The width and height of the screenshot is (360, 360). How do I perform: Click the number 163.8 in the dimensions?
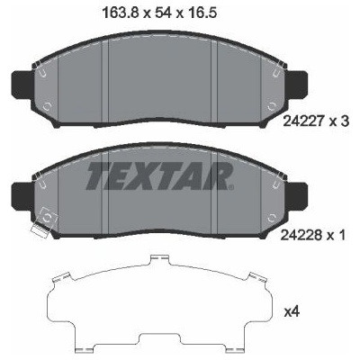tap(120, 13)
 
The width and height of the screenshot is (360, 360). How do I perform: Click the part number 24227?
tap(303, 121)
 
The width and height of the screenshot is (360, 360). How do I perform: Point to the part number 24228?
tap(301, 235)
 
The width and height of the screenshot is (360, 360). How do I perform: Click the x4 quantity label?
tap(292, 312)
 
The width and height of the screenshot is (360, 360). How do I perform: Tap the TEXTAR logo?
tap(160, 176)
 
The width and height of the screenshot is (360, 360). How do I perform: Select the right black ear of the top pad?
tap(297, 83)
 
